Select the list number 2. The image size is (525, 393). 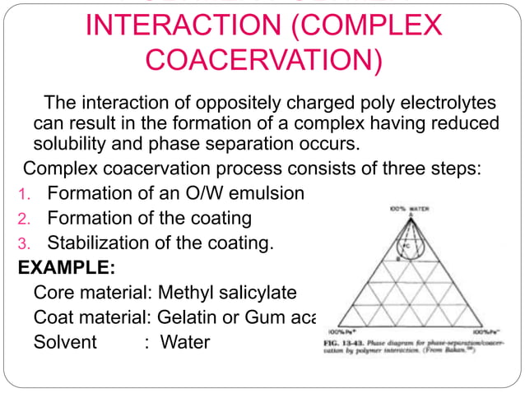(x=23, y=220)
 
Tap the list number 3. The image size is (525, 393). (x=23, y=244)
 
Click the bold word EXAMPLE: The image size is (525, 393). (x=66, y=268)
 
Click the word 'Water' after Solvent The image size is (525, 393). (x=185, y=340)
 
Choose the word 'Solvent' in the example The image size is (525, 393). (x=65, y=340)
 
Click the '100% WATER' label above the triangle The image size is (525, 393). (x=407, y=210)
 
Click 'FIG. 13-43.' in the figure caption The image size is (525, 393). (x=339, y=340)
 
